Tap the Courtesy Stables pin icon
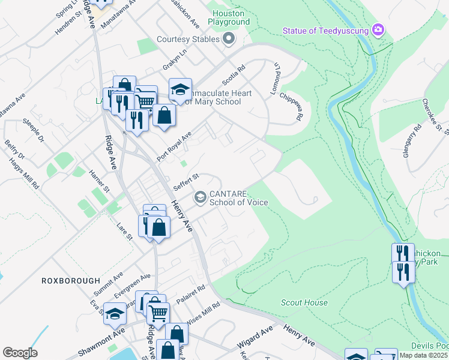pyautogui.click(x=228, y=40)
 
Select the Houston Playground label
pyautogui.click(x=229, y=17)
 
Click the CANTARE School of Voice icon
pyautogui.click(x=200, y=197)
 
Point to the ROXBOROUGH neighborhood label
pyautogui.click(x=65, y=280)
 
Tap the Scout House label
pyautogui.click(x=304, y=303)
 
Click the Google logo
pyautogui.click(x=20, y=353)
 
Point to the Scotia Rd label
pyautogui.click(x=234, y=77)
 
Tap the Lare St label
pyautogui.click(x=124, y=232)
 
